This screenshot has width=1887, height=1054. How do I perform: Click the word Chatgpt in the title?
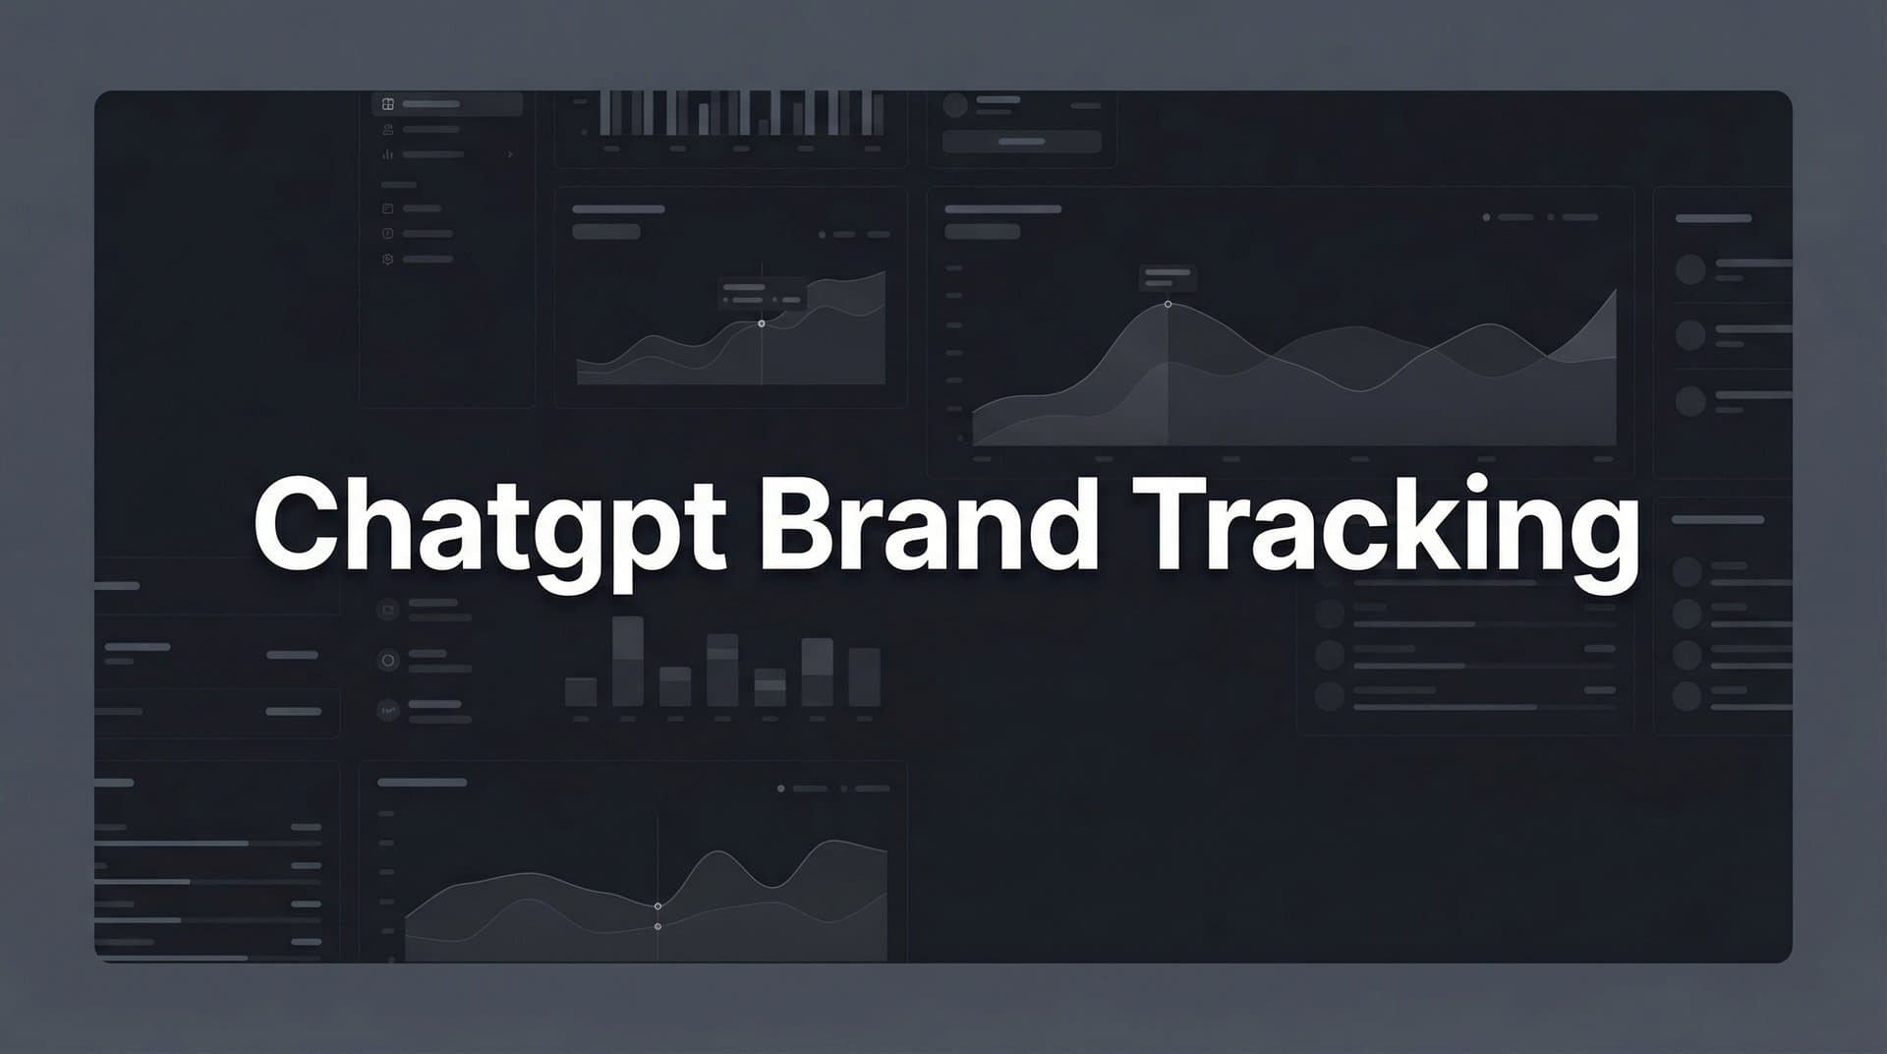pos(489,526)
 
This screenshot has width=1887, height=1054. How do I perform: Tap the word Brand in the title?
pos(928,526)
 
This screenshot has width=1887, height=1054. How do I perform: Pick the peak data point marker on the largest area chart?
pos(1168,305)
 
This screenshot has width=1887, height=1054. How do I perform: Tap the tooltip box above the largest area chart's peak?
pos(1168,277)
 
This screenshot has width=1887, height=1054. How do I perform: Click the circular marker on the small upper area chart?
pos(762,323)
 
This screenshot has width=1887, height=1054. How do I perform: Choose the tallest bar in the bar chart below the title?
pos(628,661)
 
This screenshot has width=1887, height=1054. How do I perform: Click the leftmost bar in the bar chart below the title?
pos(581,691)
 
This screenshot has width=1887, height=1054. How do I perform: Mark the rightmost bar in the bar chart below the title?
pos(864,676)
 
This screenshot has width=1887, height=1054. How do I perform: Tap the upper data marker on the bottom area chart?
pos(658,906)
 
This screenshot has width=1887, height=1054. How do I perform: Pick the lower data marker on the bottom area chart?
pos(658,926)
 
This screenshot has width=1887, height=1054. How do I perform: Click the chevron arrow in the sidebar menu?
pos(510,154)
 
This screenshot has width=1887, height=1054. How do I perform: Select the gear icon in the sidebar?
pos(388,260)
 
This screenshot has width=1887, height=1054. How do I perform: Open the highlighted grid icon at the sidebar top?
pos(388,104)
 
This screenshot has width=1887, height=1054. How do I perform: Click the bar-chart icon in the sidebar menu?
pos(388,154)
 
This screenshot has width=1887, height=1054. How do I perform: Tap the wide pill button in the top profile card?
pos(1021,142)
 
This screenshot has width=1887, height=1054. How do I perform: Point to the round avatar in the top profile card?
pos(955,105)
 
